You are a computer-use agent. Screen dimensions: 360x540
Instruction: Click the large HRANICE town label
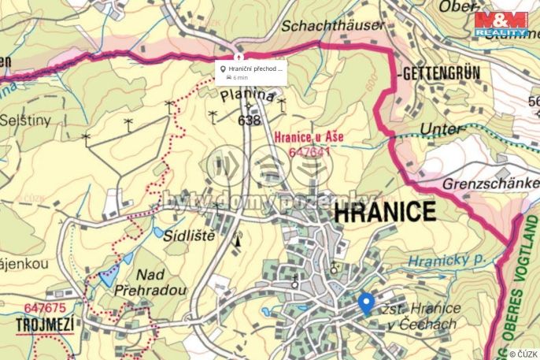point(384,212)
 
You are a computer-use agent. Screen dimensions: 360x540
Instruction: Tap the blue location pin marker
point(365,302)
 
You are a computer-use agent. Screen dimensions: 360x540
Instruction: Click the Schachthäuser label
point(335,26)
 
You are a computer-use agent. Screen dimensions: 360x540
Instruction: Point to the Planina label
point(248,96)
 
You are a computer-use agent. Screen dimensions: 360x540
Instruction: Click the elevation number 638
point(248,121)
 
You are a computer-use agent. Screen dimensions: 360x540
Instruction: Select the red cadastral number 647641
point(309,151)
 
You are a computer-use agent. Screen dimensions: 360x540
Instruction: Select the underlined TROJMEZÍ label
point(46,325)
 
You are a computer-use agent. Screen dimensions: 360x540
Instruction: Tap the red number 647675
point(45,308)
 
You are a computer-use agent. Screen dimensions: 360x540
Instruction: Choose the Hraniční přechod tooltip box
point(251,72)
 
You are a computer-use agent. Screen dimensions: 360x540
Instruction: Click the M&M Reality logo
point(501,24)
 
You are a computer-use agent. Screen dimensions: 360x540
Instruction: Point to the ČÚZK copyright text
point(523,354)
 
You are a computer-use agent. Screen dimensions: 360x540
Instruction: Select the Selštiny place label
point(24,121)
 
